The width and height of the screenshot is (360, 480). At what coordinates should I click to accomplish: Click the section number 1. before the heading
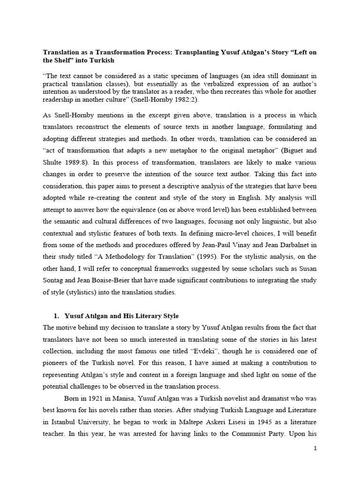click(56, 316)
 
